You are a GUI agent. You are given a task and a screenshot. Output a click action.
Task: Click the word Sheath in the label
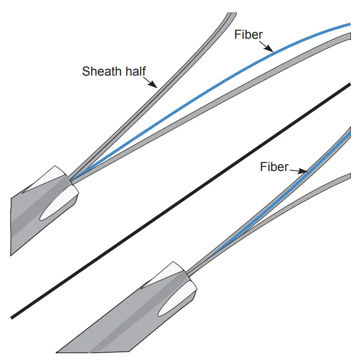click(x=100, y=72)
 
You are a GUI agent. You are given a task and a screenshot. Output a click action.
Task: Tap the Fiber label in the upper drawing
click(x=249, y=35)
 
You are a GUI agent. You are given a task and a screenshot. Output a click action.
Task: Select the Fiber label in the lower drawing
click(x=274, y=167)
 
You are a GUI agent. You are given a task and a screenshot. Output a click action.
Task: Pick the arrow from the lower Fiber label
click(x=298, y=170)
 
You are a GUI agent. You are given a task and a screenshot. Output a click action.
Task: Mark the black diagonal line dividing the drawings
click(x=179, y=201)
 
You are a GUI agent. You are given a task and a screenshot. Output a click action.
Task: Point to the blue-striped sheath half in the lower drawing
click(x=271, y=203)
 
